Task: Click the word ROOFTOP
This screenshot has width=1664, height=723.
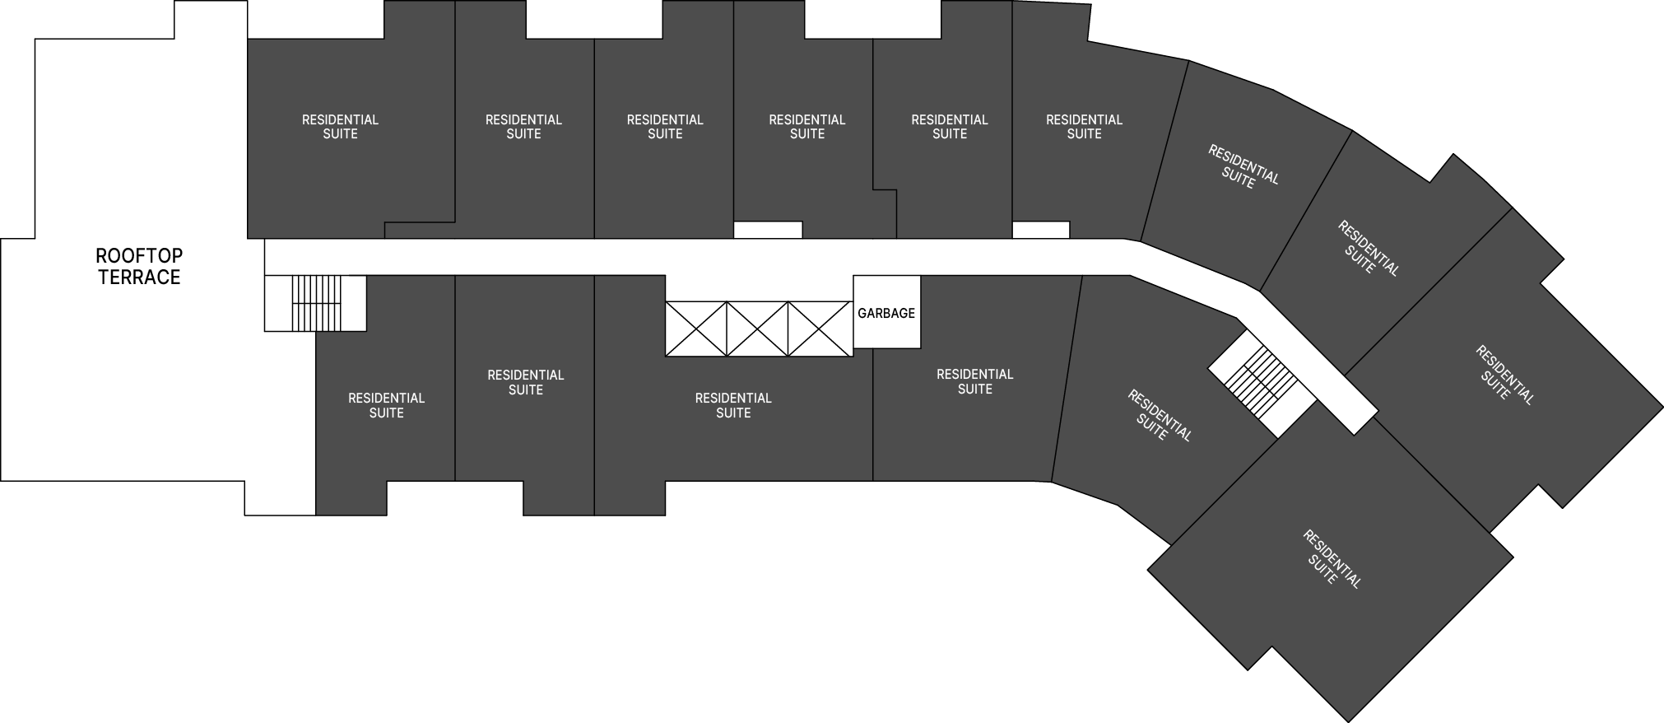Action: (x=139, y=255)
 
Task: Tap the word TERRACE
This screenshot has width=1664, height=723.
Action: (x=139, y=278)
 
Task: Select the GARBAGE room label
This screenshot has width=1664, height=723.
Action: (x=886, y=313)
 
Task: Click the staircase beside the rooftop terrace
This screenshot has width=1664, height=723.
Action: (x=315, y=303)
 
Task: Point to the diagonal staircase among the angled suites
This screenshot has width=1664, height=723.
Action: (x=1262, y=385)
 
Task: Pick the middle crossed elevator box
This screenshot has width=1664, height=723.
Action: (x=757, y=329)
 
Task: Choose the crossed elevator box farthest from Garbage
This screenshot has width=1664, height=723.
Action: (x=696, y=329)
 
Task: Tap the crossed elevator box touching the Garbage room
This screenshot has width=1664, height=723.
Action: (x=820, y=329)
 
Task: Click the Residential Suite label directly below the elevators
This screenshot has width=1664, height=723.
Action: (x=733, y=405)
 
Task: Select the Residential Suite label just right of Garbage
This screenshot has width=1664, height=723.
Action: (x=975, y=381)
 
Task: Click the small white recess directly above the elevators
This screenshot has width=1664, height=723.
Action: (x=768, y=231)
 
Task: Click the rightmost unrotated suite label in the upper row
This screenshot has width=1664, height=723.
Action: (x=1084, y=127)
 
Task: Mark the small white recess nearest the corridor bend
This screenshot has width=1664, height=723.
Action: (x=1041, y=231)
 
